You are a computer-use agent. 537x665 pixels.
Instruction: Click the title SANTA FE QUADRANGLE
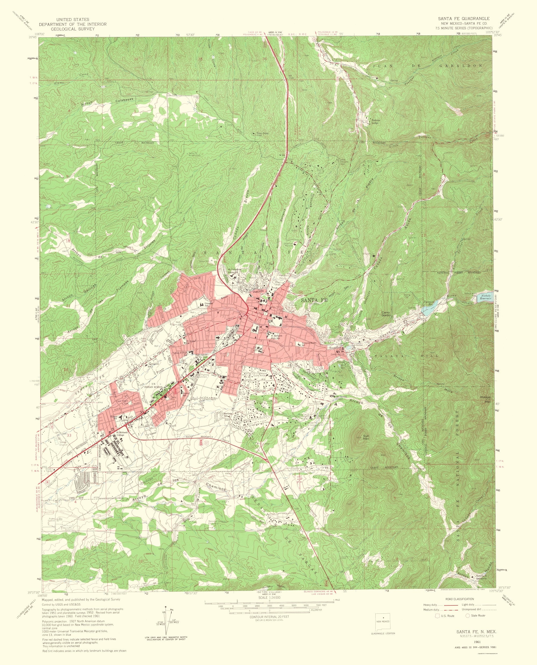[463, 19]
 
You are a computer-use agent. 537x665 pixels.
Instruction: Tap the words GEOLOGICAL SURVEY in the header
[73, 29]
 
